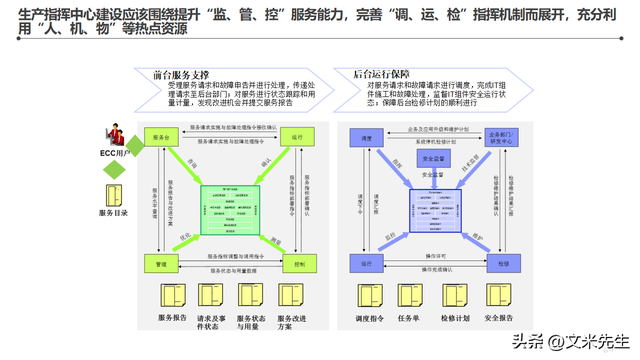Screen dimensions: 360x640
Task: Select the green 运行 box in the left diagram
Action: click(x=298, y=136)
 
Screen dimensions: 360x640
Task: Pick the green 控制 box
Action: click(x=298, y=264)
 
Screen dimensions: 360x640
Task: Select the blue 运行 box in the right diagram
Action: click(x=366, y=264)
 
